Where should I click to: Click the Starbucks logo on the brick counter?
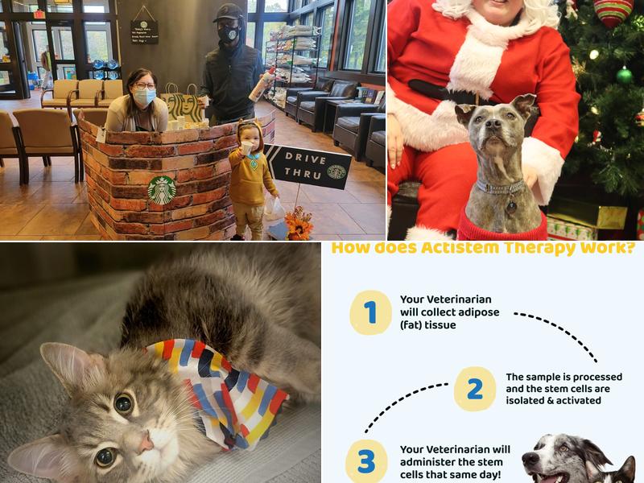click(162, 190)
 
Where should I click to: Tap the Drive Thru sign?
click(309, 167)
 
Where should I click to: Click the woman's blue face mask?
click(143, 97)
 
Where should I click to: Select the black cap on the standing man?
click(228, 14)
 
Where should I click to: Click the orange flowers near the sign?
click(299, 225)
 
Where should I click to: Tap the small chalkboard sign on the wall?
click(144, 31)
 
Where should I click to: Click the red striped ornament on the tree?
click(613, 11)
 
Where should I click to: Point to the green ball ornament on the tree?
click(624, 76)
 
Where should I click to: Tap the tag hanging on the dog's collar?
click(511, 205)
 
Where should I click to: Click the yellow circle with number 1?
click(370, 312)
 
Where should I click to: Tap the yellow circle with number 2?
click(475, 389)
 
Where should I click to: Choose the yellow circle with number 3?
click(366, 461)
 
